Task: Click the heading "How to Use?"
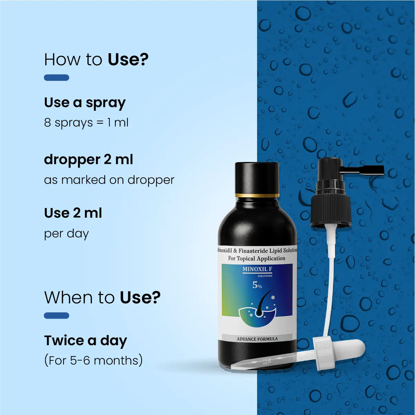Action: click(96, 59)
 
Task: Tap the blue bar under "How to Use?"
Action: click(56, 77)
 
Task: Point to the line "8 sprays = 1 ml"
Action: click(86, 123)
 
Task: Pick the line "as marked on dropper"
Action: click(109, 180)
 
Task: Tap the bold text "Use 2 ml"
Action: click(73, 213)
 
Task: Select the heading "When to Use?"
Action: click(102, 298)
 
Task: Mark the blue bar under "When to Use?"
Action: click(56, 315)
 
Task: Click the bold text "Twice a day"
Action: click(85, 341)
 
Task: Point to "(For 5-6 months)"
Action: click(93, 360)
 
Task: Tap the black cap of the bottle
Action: click(257, 178)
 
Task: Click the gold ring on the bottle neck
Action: click(257, 195)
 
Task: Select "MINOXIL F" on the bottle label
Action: click(257, 269)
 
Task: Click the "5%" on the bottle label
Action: click(257, 285)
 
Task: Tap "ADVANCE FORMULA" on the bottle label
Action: click(257, 339)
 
